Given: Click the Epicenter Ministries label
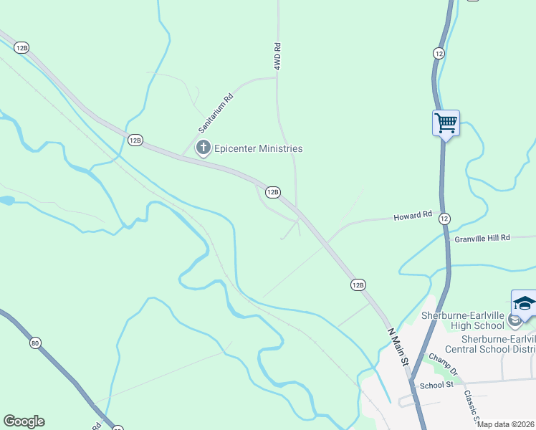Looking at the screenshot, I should (x=259, y=148).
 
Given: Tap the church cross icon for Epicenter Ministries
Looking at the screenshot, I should (x=204, y=148).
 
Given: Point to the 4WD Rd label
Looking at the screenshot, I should (x=277, y=56).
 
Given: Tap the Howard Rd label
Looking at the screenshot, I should (x=413, y=215).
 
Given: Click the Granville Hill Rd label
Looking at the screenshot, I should (x=482, y=237).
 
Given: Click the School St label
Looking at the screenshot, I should (x=437, y=386).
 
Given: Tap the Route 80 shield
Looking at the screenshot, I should (x=35, y=343).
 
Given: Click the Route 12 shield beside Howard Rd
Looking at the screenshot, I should (x=444, y=218).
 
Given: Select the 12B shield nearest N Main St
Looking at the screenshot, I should (x=358, y=285).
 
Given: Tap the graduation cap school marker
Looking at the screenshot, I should (x=524, y=303).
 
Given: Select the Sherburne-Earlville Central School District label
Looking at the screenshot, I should (x=499, y=344).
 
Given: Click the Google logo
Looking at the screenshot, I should (x=24, y=421).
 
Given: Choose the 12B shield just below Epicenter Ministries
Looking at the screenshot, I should (x=272, y=192).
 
